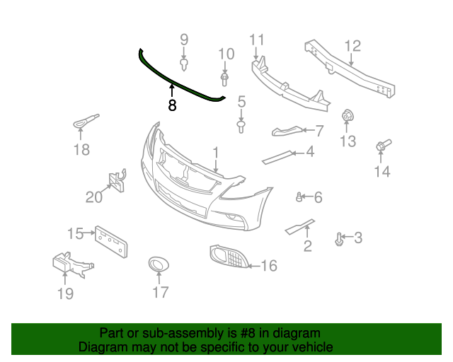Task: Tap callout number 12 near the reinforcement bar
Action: tap(352, 47)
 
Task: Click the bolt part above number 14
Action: tap(382, 146)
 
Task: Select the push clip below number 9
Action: tap(184, 65)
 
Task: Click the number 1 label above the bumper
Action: tap(215, 152)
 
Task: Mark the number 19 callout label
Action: tap(65, 293)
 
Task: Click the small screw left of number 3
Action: tap(339, 239)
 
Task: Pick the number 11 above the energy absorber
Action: tap(256, 39)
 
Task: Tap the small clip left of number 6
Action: tap(300, 197)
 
